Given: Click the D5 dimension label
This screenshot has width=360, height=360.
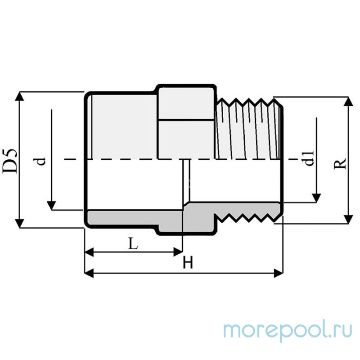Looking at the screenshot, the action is pyautogui.click(x=9, y=161).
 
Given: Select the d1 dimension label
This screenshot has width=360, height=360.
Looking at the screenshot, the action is pyautogui.click(x=309, y=158).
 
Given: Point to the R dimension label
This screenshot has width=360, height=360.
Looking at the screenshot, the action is pyautogui.click(x=340, y=164).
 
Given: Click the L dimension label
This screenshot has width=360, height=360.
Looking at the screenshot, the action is pyautogui.click(x=133, y=243).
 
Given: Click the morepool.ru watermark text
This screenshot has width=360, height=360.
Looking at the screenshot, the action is pyautogui.click(x=288, y=331).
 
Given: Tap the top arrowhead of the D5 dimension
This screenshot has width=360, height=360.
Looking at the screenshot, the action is pyautogui.click(x=19, y=96).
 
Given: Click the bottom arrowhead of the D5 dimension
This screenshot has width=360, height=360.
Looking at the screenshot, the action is pyautogui.click(x=19, y=223).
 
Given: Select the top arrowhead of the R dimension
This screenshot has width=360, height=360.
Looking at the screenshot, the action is pyautogui.click(x=349, y=101).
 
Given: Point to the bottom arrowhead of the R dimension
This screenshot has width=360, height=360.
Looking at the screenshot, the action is pyautogui.click(x=349, y=219).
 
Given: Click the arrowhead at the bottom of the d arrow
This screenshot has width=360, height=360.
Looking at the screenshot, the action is pyautogui.click(x=51, y=206).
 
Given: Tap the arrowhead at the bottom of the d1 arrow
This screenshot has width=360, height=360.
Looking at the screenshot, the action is pyautogui.click(x=316, y=198).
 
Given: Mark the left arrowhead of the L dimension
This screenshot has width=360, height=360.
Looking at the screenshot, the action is pyautogui.click(x=89, y=252).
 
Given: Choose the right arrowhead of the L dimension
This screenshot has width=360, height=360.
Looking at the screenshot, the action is pyautogui.click(x=178, y=252).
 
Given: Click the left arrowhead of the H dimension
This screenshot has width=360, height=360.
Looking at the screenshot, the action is pyautogui.click(x=89, y=273).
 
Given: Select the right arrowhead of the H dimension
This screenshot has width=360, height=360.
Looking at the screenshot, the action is pyautogui.click(x=279, y=273).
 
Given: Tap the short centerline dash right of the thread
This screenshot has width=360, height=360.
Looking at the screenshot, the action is pyautogui.click(x=294, y=159).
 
